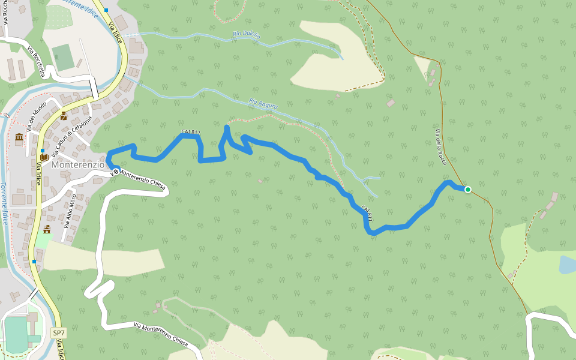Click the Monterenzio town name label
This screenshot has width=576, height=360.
coord(78,164)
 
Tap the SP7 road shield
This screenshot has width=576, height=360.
coord(58,332)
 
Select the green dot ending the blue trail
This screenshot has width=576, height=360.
coord(468,190)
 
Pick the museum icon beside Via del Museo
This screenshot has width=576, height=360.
coord(19,137)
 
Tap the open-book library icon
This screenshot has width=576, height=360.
coord(44,157)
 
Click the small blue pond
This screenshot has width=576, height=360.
coord(566,264)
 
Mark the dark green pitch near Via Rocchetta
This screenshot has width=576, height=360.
coord(62,57)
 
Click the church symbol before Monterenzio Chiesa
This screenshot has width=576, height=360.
coord(115,173)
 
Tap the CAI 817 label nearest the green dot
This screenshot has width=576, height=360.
coord(367,213)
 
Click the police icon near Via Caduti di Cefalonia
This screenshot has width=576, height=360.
coord(64,116)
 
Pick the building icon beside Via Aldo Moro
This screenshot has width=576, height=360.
coord(47,229)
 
